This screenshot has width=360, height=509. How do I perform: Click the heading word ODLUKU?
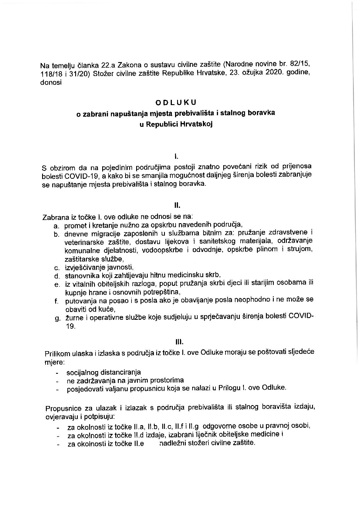(176, 102)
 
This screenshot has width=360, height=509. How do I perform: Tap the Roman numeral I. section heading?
(176, 157)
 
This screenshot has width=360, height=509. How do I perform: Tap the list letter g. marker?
(57, 319)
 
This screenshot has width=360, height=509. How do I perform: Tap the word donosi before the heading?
(51, 83)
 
